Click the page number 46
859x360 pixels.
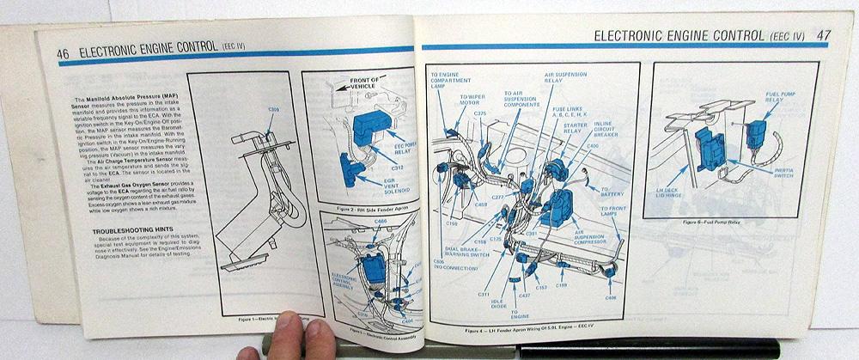pyautogui.click(x=63, y=52)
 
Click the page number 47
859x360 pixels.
pyautogui.click(x=822, y=35)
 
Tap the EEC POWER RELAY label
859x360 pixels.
pyautogui.click(x=388, y=142)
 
